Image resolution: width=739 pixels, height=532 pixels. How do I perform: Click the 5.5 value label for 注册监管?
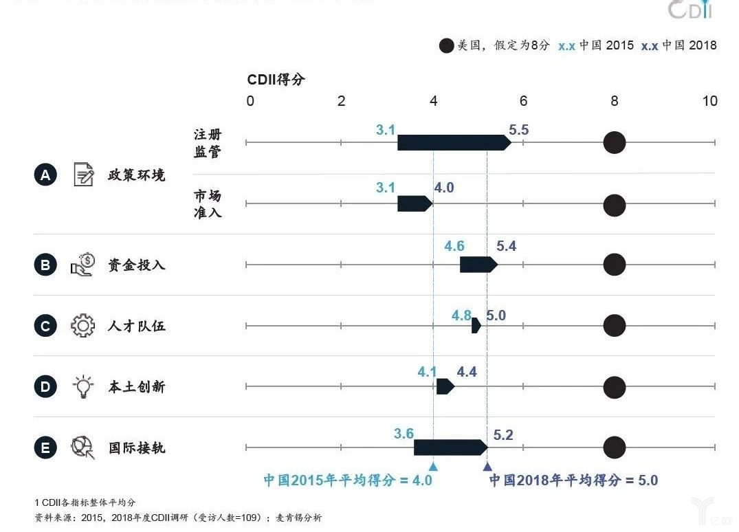pos(518,129)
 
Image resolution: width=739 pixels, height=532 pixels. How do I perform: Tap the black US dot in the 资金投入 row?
pos(614,265)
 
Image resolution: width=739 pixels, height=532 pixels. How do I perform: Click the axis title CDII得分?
pos(276,80)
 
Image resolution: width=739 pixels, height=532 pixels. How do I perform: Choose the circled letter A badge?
pos(45,175)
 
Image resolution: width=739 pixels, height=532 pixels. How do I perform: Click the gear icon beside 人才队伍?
pos(82,325)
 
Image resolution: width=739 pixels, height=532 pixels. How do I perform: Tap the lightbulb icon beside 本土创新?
pos(82,386)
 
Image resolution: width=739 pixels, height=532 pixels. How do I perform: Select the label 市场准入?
pos(208,204)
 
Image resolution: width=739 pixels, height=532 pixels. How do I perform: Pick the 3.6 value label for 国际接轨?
pos(404,434)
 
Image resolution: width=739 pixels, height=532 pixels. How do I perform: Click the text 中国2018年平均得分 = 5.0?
pos(573,480)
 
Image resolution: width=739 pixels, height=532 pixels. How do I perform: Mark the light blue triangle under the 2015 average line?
pos(433,467)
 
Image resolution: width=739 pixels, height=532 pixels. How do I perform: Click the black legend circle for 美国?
pos(446,46)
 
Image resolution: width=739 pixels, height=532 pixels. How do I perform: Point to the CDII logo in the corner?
pos(691,10)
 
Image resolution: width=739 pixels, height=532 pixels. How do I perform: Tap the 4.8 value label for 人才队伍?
pos(461,315)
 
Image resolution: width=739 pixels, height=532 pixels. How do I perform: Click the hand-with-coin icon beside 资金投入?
pos(82,265)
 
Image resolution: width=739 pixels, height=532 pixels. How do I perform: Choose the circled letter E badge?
pos(45,448)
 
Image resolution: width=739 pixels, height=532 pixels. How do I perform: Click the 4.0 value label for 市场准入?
pos(443,188)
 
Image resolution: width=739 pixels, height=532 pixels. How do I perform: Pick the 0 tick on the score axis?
pos(250,101)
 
